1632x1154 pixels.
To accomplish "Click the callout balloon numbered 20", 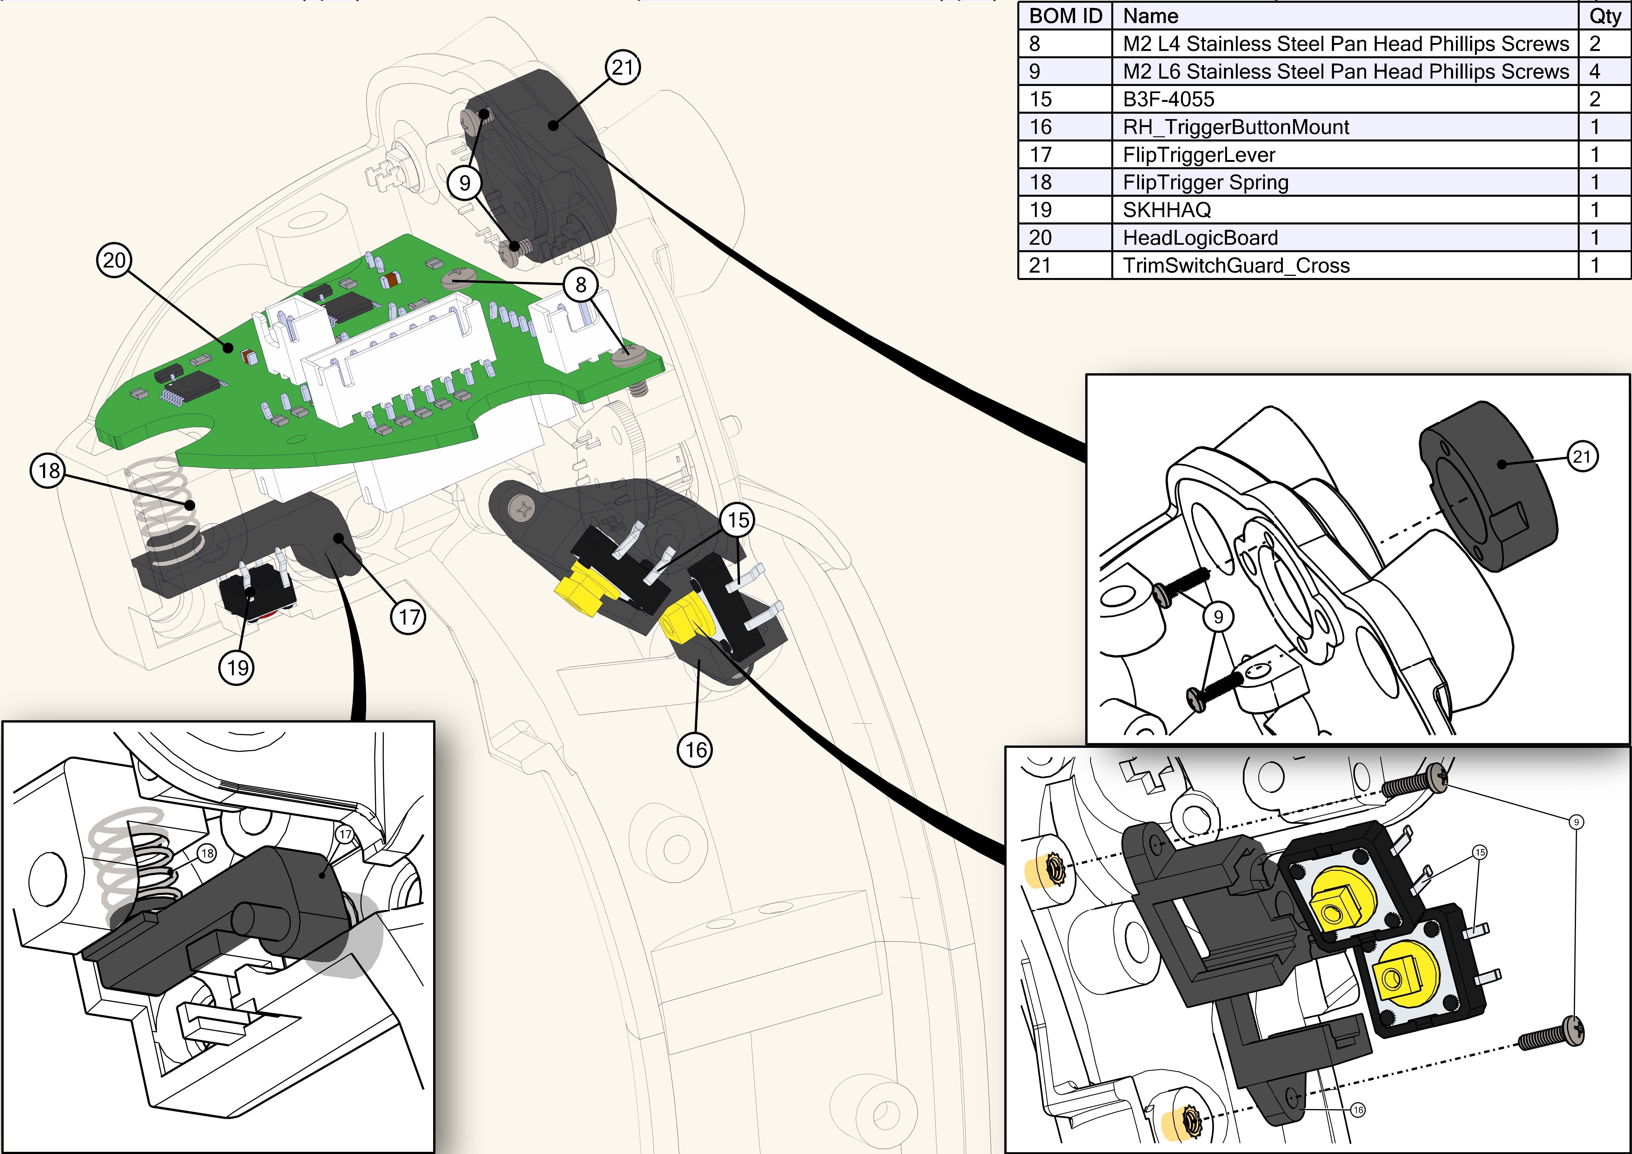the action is coord(114,260).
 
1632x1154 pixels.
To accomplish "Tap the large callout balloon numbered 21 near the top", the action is coord(623,67).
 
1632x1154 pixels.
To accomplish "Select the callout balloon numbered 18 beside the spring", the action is coord(48,471).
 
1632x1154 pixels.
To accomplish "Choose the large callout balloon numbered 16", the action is coord(695,749).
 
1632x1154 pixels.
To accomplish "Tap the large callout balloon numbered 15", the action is coord(738,520).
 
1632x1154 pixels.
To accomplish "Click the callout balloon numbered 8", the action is coord(581,284).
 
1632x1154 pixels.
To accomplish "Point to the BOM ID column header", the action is coord(1066,16).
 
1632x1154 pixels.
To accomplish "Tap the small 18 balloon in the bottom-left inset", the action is coord(207,853).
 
